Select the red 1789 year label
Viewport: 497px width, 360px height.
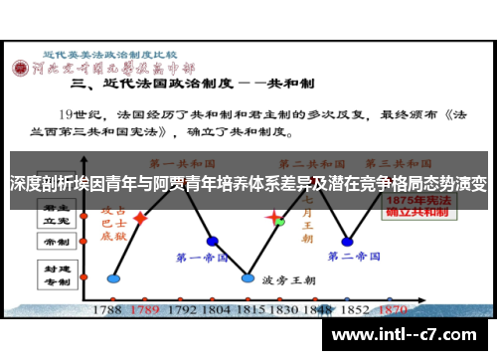tap(145, 309)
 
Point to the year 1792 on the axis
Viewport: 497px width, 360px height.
tap(179, 309)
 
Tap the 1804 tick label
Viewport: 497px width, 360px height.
tap(214, 309)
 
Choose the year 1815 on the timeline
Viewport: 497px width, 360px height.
tap(248, 309)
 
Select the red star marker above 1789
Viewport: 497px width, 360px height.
tap(141, 217)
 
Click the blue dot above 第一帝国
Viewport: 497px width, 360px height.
tap(212, 241)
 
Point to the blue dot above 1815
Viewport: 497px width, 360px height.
tap(248, 277)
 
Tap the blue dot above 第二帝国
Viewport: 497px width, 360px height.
tap(346, 241)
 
